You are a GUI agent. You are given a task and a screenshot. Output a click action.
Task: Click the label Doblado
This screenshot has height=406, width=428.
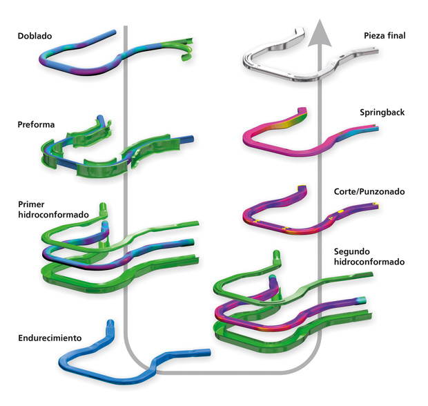pos(35,36)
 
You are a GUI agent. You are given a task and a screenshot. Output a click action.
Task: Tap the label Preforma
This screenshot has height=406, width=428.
pos(36,124)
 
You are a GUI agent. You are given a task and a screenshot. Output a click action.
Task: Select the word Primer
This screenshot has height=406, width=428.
pos(31,204)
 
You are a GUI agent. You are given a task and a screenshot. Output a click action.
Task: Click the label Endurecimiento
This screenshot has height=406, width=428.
pos(50,338)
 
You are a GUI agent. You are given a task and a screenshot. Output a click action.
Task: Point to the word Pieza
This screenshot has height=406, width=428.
pos(374,35)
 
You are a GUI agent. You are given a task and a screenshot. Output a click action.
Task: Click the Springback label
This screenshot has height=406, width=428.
pos(382,113)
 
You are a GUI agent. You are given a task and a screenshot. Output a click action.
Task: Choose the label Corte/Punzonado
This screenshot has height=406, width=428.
pos(369,191)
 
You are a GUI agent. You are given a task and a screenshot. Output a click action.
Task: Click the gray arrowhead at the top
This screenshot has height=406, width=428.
pos(320,33)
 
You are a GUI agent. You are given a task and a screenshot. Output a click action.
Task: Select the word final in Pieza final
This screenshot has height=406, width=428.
pos(396,35)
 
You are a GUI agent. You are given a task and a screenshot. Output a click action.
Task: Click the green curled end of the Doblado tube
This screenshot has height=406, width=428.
pos(186,50)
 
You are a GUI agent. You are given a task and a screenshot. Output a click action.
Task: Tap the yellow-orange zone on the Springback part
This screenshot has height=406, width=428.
pos(284,124)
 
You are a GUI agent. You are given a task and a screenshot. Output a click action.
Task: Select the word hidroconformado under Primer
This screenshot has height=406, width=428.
pos(54,215)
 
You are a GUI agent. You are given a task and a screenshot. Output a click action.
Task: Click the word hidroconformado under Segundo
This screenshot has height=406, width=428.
pos(369,262)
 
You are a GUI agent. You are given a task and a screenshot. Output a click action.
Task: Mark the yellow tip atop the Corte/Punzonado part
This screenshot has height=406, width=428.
pos(302,187)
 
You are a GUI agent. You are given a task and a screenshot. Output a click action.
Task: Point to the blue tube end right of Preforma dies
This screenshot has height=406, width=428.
pos(189,139)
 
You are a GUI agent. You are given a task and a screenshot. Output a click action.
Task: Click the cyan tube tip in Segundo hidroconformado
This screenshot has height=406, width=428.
pos(362,299)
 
